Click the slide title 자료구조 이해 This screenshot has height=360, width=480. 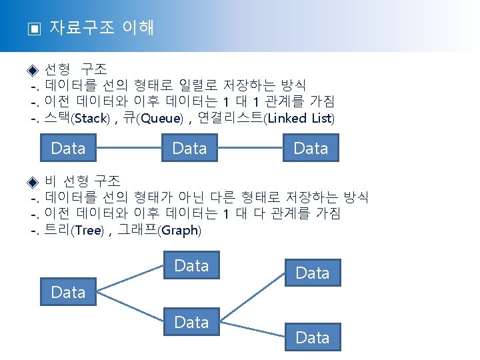pyautogui.click(x=101, y=28)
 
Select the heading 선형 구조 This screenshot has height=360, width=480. pyautogui.click(x=80, y=69)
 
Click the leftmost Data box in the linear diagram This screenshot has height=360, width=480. pyautogui.click(x=68, y=148)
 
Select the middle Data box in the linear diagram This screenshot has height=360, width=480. pyautogui.click(x=189, y=148)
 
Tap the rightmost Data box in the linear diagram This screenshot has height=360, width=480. pyautogui.click(x=311, y=148)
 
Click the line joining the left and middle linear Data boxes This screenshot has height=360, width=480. pyautogui.click(x=129, y=148)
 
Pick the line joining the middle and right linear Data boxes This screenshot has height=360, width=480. pyautogui.click(x=251, y=148)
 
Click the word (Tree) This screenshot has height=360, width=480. pyautogui.click(x=88, y=231)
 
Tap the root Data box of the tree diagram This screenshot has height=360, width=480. pyautogui.click(x=68, y=292)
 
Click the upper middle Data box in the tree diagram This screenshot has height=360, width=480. pyautogui.click(x=191, y=266)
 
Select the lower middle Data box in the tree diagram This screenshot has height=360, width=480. pyautogui.click(x=191, y=323)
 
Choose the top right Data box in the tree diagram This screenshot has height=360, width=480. pyautogui.click(x=313, y=273)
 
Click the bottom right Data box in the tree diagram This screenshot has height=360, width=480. pyautogui.click(x=313, y=338)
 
